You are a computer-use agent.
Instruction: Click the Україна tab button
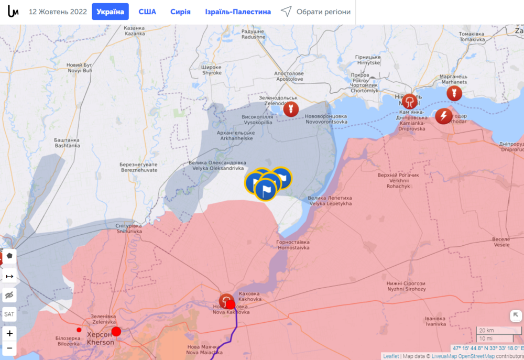click(110, 12)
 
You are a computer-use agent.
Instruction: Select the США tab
click(147, 12)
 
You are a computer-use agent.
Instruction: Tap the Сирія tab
click(180, 12)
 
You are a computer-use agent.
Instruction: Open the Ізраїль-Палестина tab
click(238, 12)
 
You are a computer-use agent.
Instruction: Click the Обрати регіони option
click(315, 12)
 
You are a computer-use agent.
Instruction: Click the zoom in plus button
click(9, 333)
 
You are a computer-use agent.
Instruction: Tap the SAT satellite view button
click(9, 314)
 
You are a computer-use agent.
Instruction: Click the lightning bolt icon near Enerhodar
click(444, 116)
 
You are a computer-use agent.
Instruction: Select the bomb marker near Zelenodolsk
click(290, 109)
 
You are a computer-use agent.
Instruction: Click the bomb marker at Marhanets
click(454, 93)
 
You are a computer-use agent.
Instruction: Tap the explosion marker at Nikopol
click(410, 101)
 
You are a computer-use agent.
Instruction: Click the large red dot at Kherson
click(116, 331)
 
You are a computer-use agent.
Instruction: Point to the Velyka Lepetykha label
click(330, 201)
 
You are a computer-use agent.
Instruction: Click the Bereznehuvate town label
click(139, 167)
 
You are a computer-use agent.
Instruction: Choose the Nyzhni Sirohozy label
click(407, 286)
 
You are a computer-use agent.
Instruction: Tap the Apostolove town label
click(289, 77)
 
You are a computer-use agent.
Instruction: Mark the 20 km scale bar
click(498, 331)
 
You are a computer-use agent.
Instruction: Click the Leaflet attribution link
click(390, 356)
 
